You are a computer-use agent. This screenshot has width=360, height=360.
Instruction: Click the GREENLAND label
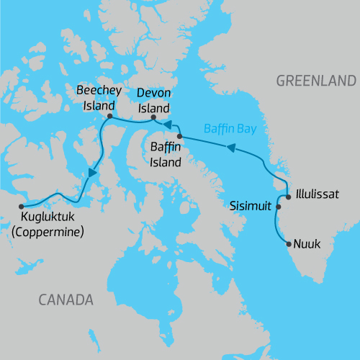coord(315,81)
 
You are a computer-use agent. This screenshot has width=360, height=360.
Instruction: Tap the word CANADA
coord(66,299)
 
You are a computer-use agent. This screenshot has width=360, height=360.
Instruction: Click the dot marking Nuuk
coord(290,244)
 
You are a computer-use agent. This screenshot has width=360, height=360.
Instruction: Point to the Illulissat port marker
coord(288,196)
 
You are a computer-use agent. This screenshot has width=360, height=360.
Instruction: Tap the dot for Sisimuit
coord(278,207)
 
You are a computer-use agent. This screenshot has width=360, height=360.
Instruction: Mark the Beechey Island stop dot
coord(109,116)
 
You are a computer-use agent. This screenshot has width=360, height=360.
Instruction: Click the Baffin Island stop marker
coord(179,135)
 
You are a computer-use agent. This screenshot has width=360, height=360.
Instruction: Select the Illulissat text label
coord(315,195)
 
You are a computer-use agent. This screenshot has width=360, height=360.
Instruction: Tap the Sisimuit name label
coord(251,206)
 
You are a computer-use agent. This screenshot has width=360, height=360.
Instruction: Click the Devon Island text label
coord(153,101)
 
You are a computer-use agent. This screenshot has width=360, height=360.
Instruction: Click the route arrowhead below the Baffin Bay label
coord(230,149)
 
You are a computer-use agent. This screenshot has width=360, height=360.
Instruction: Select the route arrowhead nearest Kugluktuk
coord(92,174)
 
